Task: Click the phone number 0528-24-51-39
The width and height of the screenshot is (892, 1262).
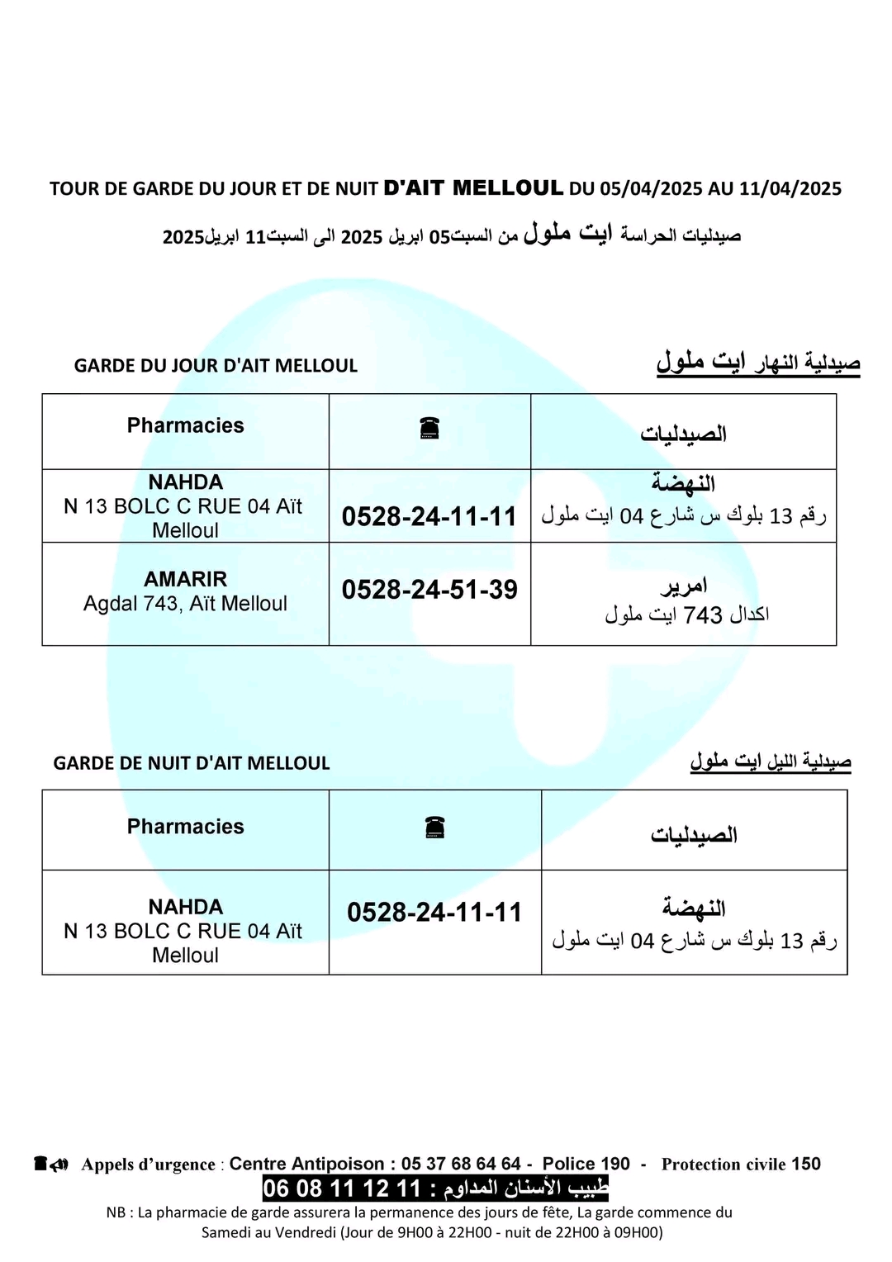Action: (429, 590)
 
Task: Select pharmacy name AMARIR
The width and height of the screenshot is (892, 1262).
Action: (185, 579)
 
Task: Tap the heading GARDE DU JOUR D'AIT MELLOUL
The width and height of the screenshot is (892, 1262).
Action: (216, 366)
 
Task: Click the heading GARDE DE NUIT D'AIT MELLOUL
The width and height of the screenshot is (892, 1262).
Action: (192, 763)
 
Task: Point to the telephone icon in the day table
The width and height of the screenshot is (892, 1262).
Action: (429, 428)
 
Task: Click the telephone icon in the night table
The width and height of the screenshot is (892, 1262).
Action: (434, 827)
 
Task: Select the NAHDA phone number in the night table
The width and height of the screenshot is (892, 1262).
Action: (434, 913)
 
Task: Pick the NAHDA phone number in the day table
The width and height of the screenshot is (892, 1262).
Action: (429, 517)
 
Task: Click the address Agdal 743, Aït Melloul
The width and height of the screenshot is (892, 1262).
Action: (185, 604)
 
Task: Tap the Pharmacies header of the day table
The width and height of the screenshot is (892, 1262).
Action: (185, 425)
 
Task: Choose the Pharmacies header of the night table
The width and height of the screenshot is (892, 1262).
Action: (185, 827)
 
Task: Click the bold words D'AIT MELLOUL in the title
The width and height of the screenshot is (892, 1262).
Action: (473, 187)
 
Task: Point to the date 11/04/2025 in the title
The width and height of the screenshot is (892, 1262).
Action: (790, 188)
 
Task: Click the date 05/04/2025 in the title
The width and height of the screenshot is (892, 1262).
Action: (650, 188)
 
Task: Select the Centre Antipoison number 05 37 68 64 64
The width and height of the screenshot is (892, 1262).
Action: (461, 1164)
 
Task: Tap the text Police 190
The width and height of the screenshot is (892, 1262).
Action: (586, 1164)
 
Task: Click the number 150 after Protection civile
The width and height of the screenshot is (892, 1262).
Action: (806, 1164)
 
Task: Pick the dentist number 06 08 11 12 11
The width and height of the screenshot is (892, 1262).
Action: (342, 1188)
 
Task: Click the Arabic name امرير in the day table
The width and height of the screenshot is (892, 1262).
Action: (684, 586)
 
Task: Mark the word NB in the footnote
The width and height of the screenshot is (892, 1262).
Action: (116, 1212)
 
